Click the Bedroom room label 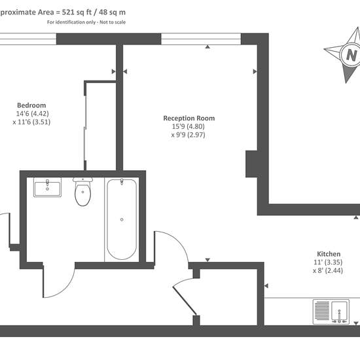click(x=31, y=105)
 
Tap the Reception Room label click(x=189, y=118)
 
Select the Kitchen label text click(x=329, y=254)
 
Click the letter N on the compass click(x=351, y=55)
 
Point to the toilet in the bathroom click(x=83, y=191)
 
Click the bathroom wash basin click(x=48, y=187)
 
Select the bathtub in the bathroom click(x=122, y=219)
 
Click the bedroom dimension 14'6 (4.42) click(x=32, y=114)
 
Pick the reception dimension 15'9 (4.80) click(x=189, y=126)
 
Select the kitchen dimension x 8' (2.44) click(x=328, y=270)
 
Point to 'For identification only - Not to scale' click(x=86, y=22)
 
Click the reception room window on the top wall click(x=201, y=39)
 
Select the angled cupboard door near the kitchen click(x=185, y=301)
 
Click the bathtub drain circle click(x=122, y=219)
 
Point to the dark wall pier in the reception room click(x=251, y=164)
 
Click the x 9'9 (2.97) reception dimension click(x=189, y=135)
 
